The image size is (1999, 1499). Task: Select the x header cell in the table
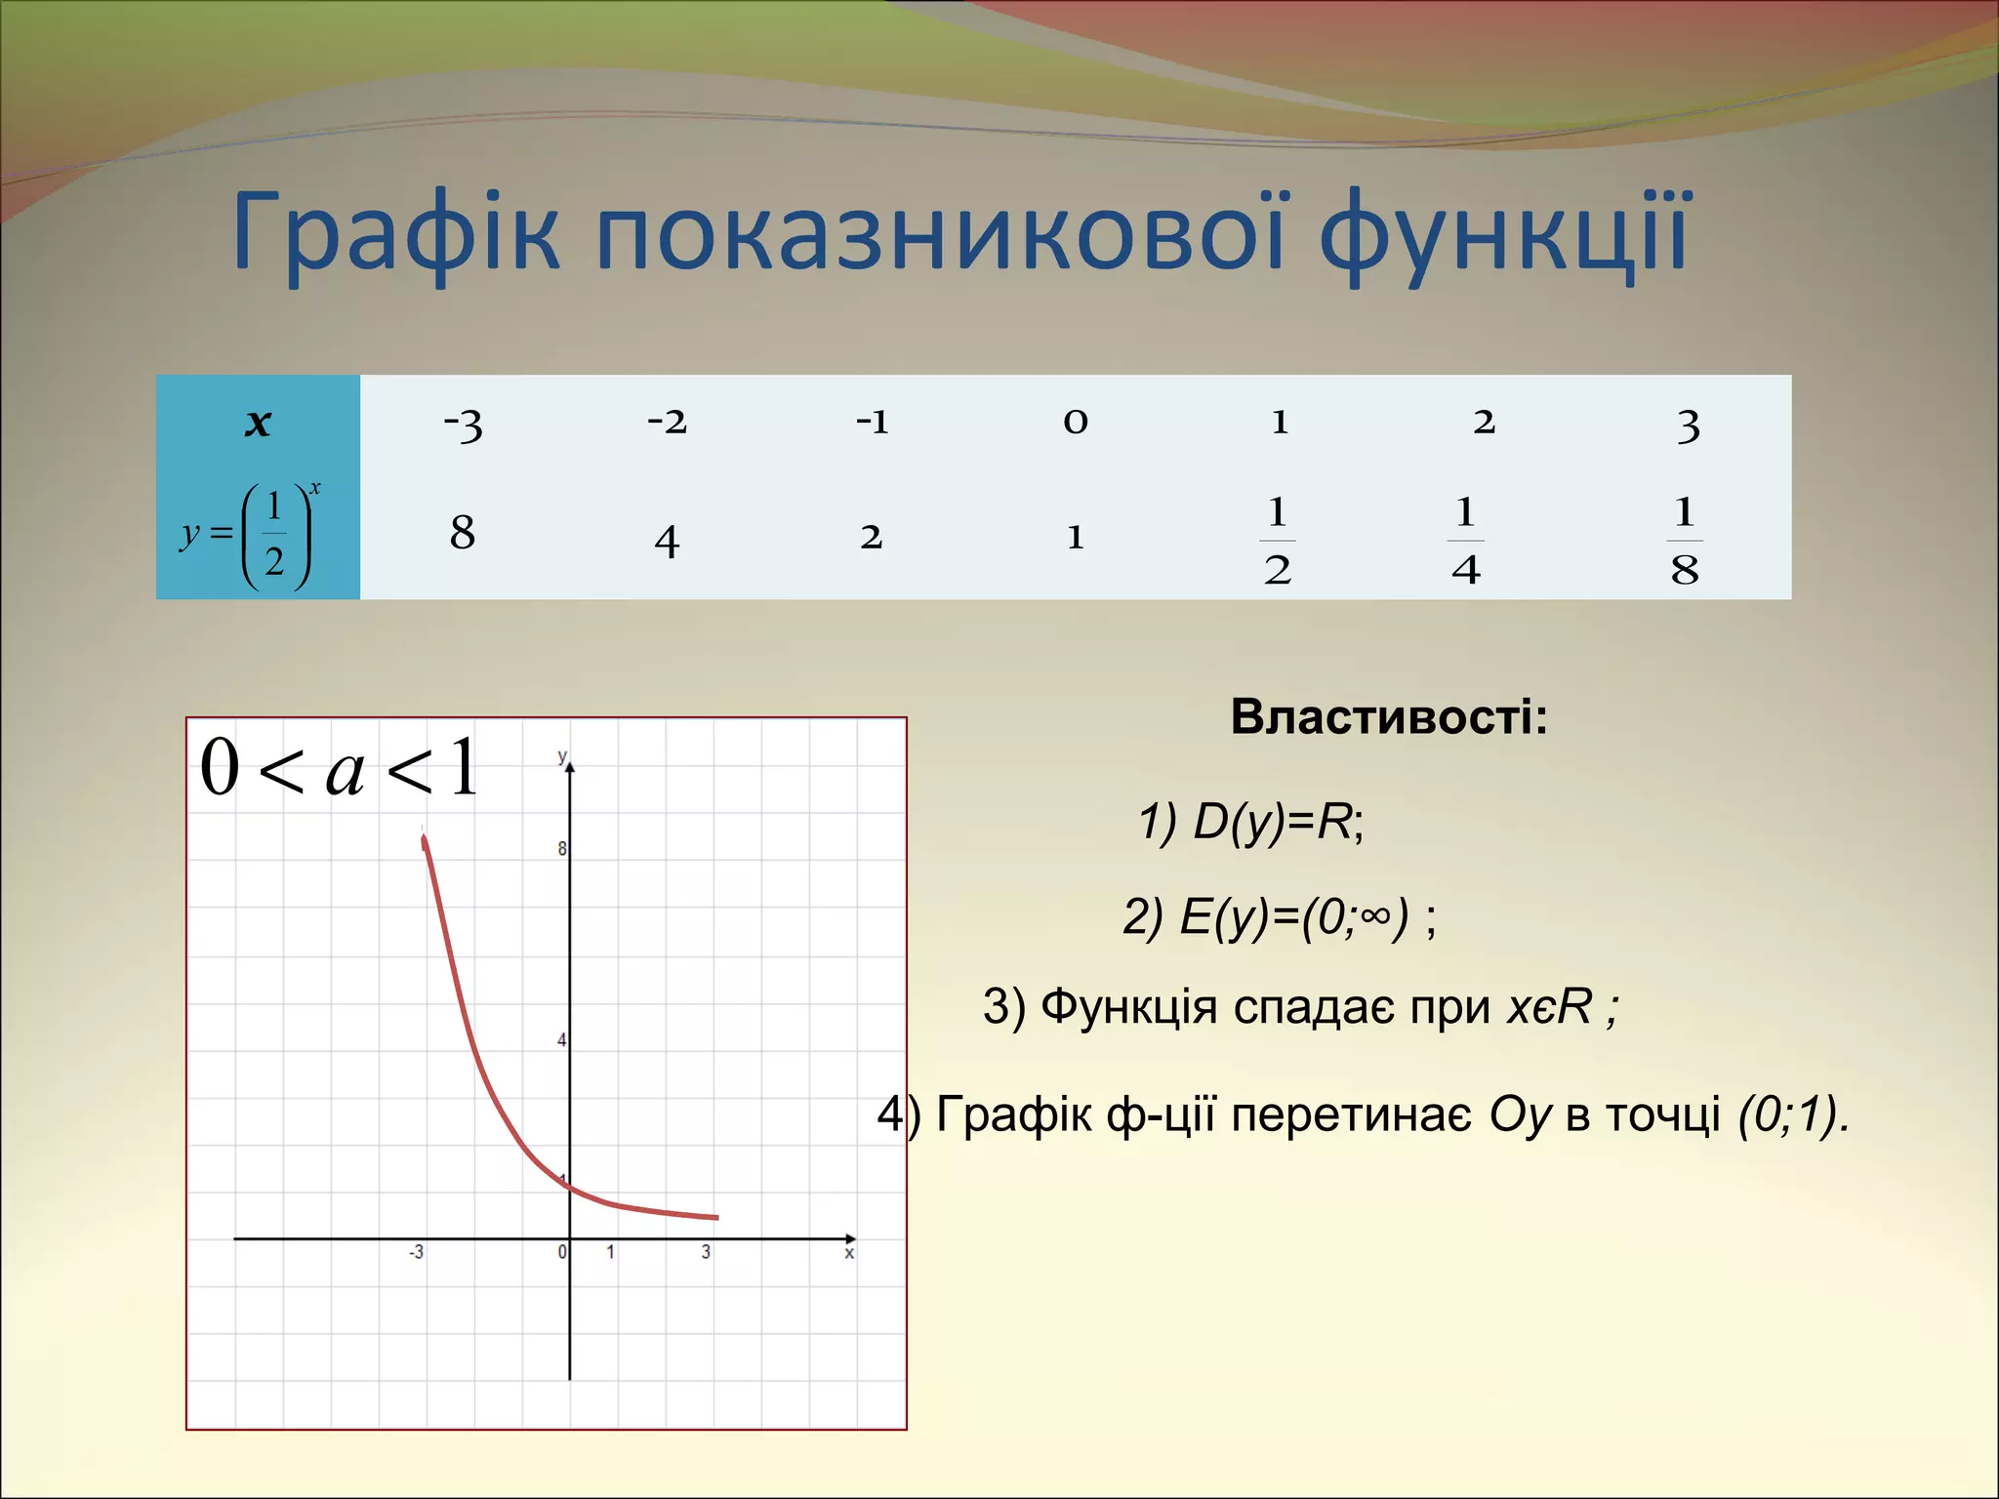pos(258,424)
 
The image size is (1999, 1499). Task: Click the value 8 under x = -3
pos(463,533)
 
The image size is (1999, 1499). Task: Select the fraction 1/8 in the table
pos(1685,541)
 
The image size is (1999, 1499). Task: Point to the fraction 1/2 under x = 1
pos(1278,541)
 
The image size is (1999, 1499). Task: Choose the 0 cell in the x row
pos(1076,422)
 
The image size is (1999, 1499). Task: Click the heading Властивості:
pos(1388,717)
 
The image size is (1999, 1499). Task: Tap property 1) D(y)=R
pos(1250,822)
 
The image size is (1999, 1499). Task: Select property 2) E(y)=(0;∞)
pos(1279,917)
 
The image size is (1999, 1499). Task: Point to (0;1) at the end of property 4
pos(1792,1114)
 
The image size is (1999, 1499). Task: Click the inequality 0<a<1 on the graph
pos(340,769)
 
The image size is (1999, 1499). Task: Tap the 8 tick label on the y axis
pos(562,849)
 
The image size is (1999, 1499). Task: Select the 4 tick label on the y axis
pos(562,1040)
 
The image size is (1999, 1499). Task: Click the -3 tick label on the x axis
pos(417,1252)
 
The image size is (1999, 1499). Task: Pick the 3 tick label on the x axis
pos(706,1252)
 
